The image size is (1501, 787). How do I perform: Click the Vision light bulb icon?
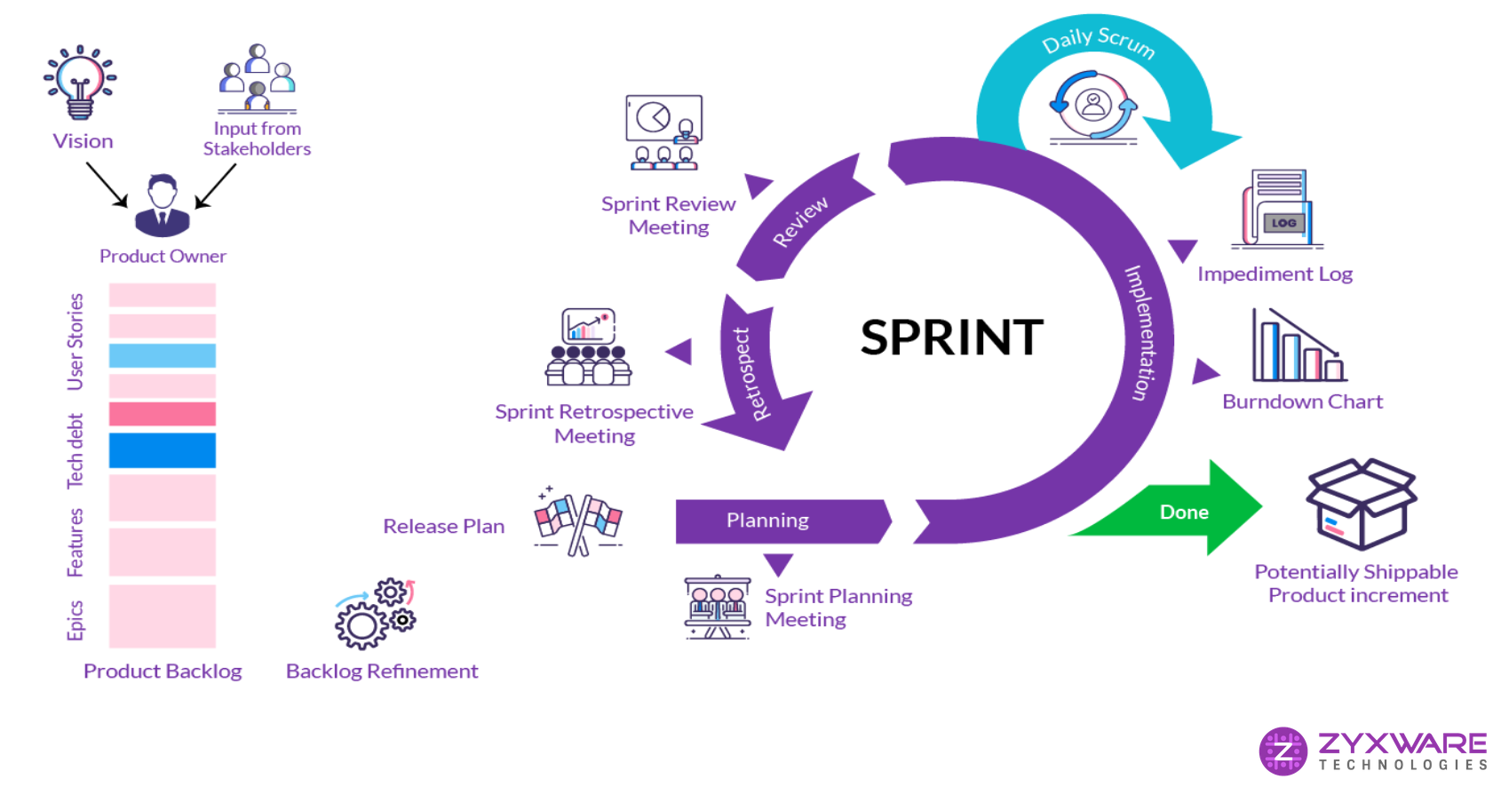click(x=80, y=82)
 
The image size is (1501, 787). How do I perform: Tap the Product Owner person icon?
click(x=163, y=205)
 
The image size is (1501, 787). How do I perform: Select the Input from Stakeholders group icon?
click(x=258, y=78)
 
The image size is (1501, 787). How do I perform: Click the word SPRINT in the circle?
click(x=951, y=338)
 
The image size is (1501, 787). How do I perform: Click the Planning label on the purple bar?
click(x=767, y=521)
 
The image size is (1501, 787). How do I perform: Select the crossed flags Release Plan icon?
click(x=578, y=521)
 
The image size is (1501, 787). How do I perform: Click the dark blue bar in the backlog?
click(x=163, y=450)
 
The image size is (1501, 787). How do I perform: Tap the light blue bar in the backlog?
click(x=163, y=355)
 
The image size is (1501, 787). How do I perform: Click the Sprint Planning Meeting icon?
click(x=718, y=607)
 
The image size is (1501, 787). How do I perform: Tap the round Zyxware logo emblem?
click(x=1283, y=751)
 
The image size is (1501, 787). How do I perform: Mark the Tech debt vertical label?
click(x=75, y=450)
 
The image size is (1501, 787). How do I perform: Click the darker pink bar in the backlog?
click(x=163, y=414)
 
